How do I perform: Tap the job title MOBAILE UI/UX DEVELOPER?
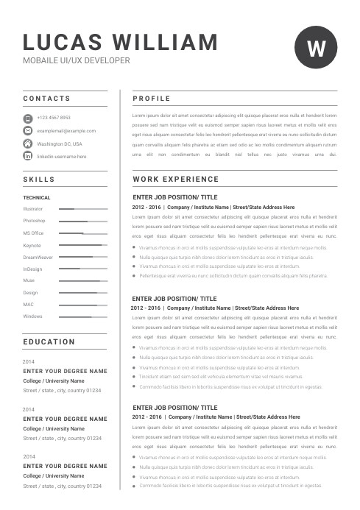(77, 60)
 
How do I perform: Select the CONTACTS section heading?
(46, 98)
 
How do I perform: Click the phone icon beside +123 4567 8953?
(28, 118)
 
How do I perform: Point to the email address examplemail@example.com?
(66, 131)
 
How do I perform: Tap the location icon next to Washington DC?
(28, 144)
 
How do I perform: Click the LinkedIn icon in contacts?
(28, 156)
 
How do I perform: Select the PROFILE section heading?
(152, 99)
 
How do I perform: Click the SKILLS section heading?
(39, 179)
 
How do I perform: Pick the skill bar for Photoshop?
(83, 221)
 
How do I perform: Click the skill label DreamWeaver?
(38, 257)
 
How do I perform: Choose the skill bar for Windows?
(83, 316)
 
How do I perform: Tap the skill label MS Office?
(33, 233)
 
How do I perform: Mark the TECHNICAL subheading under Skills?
(37, 197)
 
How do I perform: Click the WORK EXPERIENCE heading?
(176, 180)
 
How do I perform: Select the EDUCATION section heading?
(49, 342)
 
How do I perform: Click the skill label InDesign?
(32, 269)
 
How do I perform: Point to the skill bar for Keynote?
(83, 245)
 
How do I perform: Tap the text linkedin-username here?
(62, 157)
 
